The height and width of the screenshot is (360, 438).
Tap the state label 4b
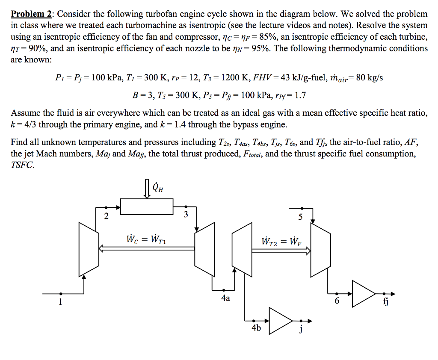pyautogui.click(x=256, y=328)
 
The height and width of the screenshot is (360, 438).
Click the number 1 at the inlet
pyautogui.click(x=60, y=302)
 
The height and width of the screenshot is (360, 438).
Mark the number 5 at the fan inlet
pyautogui.click(x=300, y=217)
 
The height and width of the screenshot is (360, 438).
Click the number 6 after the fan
pyautogui.click(x=337, y=301)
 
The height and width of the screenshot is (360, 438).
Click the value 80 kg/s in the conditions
pyautogui.click(x=368, y=78)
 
